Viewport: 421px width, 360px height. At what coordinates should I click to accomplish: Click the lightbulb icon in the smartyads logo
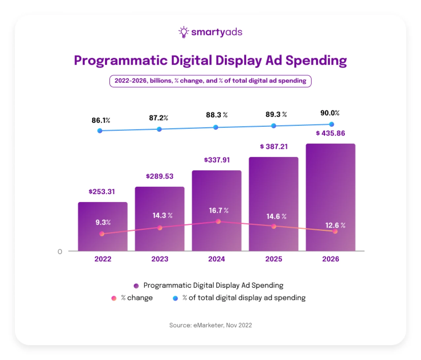click(184, 32)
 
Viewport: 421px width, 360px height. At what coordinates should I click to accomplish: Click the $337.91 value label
click(217, 160)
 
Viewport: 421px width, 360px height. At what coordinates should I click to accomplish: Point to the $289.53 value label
click(160, 176)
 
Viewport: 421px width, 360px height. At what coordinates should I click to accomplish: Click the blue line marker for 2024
click(216, 127)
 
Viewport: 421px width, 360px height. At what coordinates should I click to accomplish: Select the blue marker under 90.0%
click(332, 124)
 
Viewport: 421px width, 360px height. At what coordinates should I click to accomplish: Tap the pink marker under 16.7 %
click(218, 221)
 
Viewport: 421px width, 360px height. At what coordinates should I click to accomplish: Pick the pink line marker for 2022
click(102, 234)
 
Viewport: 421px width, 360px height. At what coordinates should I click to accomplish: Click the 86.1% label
click(101, 120)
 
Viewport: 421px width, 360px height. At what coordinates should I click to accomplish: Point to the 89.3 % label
click(276, 115)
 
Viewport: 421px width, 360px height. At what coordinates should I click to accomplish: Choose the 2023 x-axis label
click(160, 259)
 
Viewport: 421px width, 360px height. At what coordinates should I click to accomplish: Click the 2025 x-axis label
click(274, 259)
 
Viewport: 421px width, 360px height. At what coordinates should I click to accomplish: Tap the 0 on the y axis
click(60, 252)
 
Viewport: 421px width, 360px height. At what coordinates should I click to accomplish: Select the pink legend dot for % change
click(114, 298)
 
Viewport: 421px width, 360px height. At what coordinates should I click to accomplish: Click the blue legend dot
click(175, 298)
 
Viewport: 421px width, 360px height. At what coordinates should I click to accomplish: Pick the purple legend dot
click(136, 286)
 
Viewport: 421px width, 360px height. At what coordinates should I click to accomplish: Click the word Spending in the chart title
click(316, 61)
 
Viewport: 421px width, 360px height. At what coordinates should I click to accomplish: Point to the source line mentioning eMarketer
click(210, 325)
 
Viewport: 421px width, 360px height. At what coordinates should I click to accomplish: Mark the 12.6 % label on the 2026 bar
click(335, 225)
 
